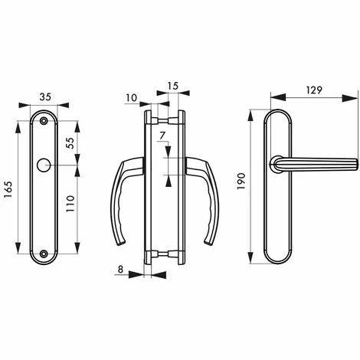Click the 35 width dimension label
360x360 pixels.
click(45, 97)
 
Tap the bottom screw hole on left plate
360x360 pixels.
click(44, 253)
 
